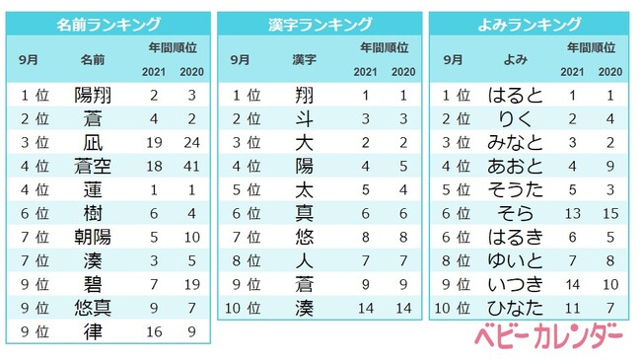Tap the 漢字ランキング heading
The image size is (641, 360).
click(320, 24)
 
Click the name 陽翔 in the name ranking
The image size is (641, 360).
click(94, 96)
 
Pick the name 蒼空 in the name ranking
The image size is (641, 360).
click(94, 167)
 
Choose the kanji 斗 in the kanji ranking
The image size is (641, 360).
click(305, 119)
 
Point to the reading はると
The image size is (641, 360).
click(516, 96)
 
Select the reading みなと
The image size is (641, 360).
click(516, 143)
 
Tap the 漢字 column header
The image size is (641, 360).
click(305, 61)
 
